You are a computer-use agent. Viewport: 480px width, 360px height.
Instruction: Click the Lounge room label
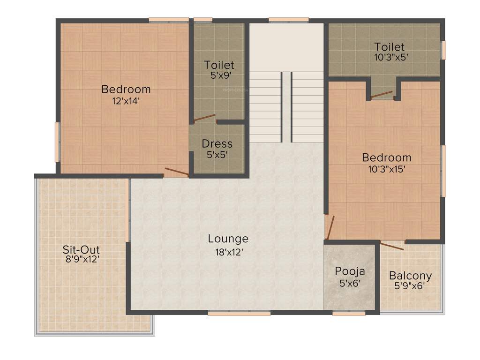[228, 239]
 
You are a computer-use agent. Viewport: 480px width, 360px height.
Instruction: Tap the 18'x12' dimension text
[228, 251]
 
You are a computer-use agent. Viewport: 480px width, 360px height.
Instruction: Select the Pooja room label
[350, 271]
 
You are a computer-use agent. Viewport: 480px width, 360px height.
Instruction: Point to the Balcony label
[411, 276]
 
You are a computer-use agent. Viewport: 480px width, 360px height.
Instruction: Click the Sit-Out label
[81, 249]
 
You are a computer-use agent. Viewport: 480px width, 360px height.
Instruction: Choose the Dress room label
[217, 143]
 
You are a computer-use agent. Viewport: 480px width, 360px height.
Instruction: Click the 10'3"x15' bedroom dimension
[386, 169]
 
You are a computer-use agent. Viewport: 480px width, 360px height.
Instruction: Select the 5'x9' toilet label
[219, 75]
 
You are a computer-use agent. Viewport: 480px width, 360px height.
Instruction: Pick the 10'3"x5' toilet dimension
[389, 57]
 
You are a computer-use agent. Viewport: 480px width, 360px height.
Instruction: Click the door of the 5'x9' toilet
[204, 118]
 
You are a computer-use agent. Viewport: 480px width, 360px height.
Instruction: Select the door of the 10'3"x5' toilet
[382, 95]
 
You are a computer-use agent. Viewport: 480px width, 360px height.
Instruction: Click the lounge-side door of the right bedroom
[330, 227]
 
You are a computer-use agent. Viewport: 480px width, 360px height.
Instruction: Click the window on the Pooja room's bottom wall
[349, 313]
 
